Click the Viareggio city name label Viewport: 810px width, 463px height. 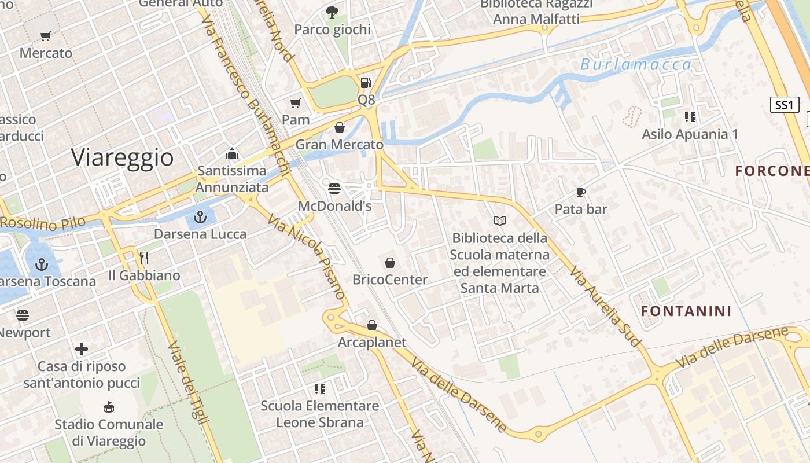123,157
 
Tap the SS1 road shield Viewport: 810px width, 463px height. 785,105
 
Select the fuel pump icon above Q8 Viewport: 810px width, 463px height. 366,83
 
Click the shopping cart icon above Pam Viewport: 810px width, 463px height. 296,104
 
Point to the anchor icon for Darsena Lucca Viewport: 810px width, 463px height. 200,218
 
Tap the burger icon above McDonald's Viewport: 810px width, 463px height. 334,189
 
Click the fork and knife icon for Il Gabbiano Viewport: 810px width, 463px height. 144,258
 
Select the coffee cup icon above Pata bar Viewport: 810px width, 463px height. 581,192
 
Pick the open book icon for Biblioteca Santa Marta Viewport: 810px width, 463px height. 499,221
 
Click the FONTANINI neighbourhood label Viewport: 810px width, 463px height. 686,311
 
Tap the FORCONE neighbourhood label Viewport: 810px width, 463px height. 772,171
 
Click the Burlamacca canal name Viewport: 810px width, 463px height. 636,64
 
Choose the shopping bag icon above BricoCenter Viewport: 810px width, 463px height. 390,263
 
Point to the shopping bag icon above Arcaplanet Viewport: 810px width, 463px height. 372,326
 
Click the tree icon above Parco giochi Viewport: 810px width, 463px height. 332,12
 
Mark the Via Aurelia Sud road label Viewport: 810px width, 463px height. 605,307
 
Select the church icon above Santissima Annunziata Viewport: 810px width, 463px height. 232,154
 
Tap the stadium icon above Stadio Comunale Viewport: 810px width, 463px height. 108,407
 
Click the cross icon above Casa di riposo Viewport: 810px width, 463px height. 82,349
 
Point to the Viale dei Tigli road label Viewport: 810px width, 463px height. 188,383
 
